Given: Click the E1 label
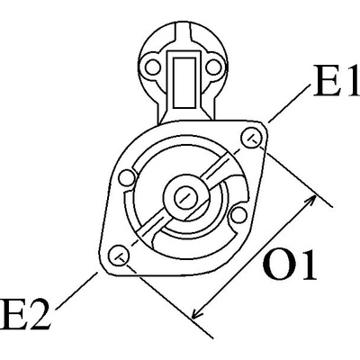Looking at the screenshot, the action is click(x=336, y=80).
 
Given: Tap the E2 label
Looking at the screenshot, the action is click(x=24, y=313).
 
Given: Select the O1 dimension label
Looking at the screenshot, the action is click(x=290, y=265).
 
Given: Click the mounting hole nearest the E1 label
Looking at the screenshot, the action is click(x=251, y=138).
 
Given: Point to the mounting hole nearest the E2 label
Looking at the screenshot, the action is click(x=119, y=255).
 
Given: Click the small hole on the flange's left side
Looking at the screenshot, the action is click(x=127, y=178).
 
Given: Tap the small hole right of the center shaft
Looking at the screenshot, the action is click(x=238, y=215).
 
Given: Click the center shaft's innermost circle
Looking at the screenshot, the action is click(x=186, y=197).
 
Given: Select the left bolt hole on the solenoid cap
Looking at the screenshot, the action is click(x=153, y=67).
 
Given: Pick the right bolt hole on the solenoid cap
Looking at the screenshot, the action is click(x=214, y=67).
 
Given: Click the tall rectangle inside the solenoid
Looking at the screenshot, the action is click(x=184, y=83).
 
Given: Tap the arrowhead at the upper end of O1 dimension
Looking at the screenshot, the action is click(x=311, y=201).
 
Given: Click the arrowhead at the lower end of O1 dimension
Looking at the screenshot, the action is click(x=196, y=313).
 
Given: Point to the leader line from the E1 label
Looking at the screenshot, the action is click(x=289, y=103).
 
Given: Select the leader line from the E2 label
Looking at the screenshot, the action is click(x=76, y=291).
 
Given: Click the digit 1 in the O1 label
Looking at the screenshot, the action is click(x=307, y=265).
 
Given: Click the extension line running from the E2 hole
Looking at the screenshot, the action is click(x=168, y=299).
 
